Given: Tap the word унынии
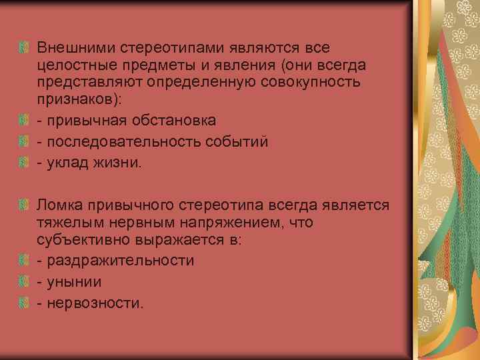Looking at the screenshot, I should tap(74, 282).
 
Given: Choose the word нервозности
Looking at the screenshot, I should tap(95, 303).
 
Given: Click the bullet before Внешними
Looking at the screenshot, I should tap(24, 48).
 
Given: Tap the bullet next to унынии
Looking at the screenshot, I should tap(24, 282).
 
